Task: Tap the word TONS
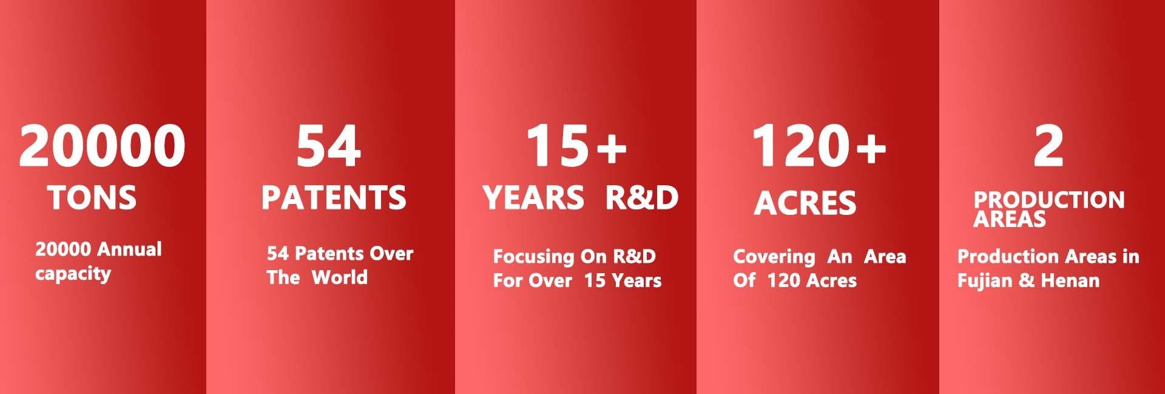click(x=92, y=198)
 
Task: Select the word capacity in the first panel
click(x=73, y=274)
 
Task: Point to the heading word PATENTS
click(x=334, y=198)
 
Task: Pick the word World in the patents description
click(x=340, y=277)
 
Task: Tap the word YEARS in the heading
click(x=533, y=198)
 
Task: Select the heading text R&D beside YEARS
click(x=642, y=198)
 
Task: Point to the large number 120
click(x=801, y=146)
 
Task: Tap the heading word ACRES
click(x=805, y=203)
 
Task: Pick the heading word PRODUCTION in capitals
click(x=1049, y=200)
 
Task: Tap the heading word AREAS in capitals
click(x=1010, y=219)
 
